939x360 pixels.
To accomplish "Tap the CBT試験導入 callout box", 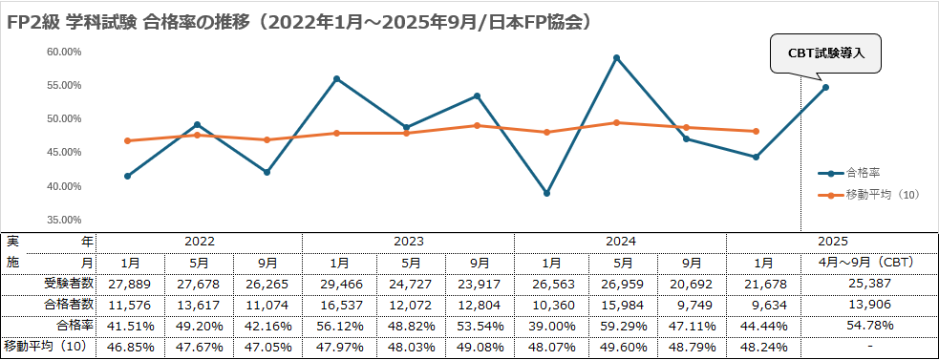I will click(825, 53).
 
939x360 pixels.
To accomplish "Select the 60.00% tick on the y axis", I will click(64, 52).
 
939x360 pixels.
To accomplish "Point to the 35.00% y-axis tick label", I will click(64, 220).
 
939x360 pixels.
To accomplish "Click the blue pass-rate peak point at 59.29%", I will click(616, 58).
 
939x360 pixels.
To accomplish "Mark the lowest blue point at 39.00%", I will click(546, 193).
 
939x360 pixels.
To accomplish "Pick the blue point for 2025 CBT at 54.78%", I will click(825, 88).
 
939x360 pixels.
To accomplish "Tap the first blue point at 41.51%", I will click(127, 176).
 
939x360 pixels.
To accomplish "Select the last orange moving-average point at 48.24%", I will click(756, 131).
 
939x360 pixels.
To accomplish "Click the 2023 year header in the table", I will click(408, 242).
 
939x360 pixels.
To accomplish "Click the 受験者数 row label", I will click(69, 283).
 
